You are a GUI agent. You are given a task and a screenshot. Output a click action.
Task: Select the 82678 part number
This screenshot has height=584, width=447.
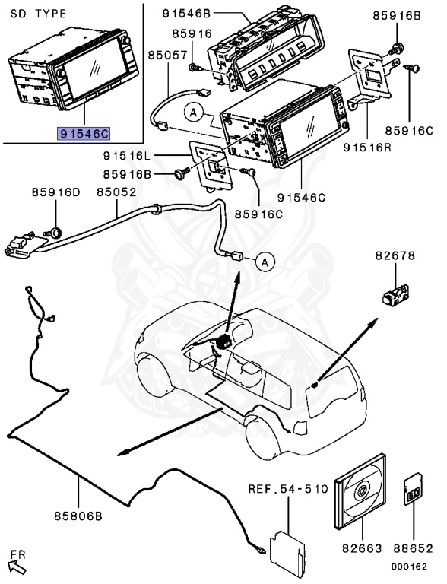[395, 256]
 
